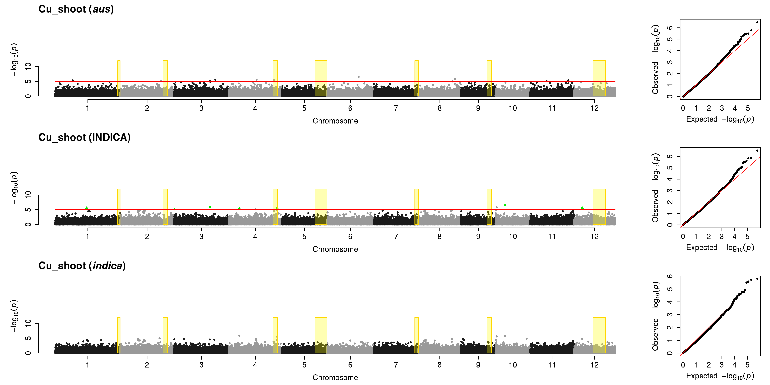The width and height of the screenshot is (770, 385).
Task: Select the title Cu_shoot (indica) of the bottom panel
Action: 82,266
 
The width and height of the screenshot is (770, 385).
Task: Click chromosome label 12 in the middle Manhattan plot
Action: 595,236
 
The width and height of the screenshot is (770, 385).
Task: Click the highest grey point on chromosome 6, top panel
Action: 358,77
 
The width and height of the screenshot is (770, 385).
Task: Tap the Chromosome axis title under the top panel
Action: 335,121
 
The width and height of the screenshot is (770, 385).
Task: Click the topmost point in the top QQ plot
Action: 757,22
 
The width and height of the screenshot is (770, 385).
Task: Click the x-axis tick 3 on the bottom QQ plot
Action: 722,365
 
